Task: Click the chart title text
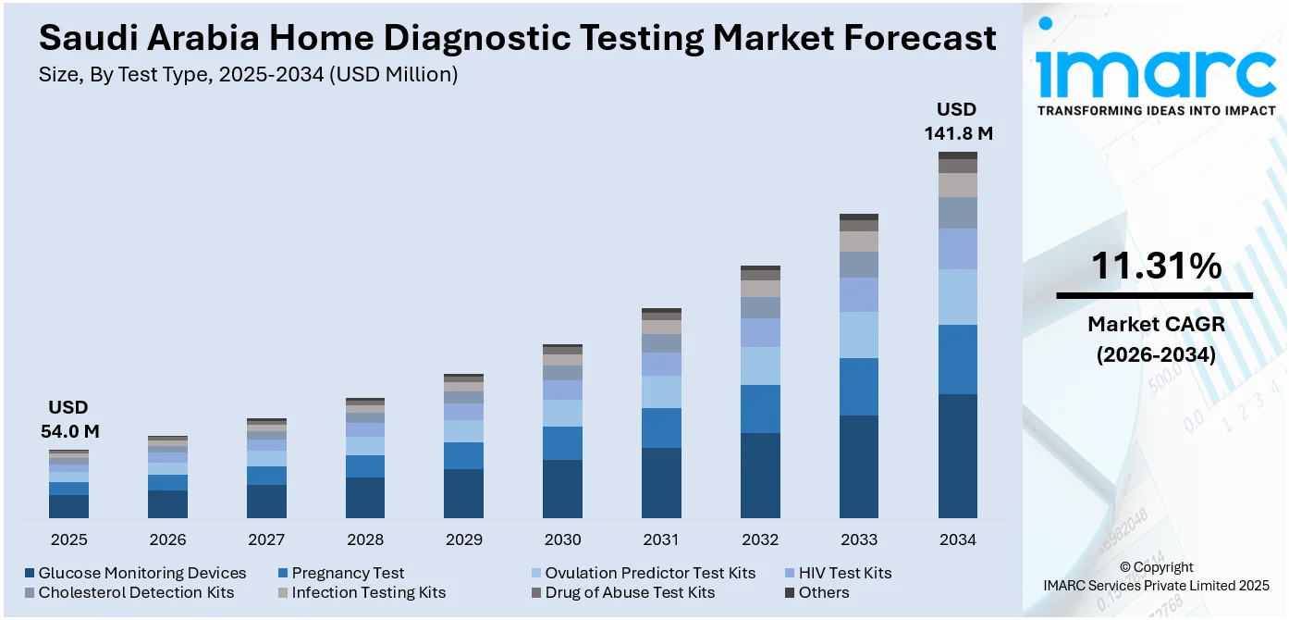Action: [x=518, y=39]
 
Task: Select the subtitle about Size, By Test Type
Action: [x=248, y=75]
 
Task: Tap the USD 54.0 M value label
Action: [x=69, y=419]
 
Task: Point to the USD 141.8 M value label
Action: [x=958, y=121]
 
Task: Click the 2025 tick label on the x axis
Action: [x=69, y=539]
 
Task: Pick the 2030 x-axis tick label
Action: [x=562, y=539]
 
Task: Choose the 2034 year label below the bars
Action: [x=958, y=539]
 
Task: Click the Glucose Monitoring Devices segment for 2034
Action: [x=958, y=455]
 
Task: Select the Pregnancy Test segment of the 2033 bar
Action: [x=859, y=387]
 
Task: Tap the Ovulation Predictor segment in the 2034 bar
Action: [x=958, y=297]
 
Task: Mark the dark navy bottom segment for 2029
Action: [x=463, y=493]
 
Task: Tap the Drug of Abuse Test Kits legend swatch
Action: [x=536, y=592]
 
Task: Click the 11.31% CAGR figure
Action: [x=1155, y=267]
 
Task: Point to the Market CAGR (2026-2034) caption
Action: [x=1155, y=339]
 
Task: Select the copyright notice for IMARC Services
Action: [x=1155, y=576]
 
